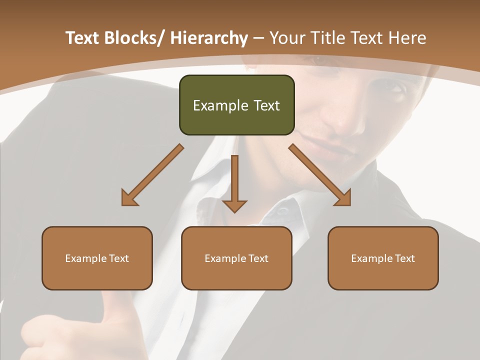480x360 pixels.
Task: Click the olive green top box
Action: (x=236, y=105)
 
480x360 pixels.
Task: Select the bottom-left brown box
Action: (x=97, y=258)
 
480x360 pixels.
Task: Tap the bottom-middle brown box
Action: (x=236, y=258)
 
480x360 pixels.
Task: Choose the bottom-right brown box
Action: (x=383, y=258)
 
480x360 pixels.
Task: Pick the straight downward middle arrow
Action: (x=234, y=183)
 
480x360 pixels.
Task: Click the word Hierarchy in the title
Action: (x=208, y=38)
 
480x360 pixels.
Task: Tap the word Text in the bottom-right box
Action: (x=404, y=258)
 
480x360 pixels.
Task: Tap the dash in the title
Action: (x=258, y=38)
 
